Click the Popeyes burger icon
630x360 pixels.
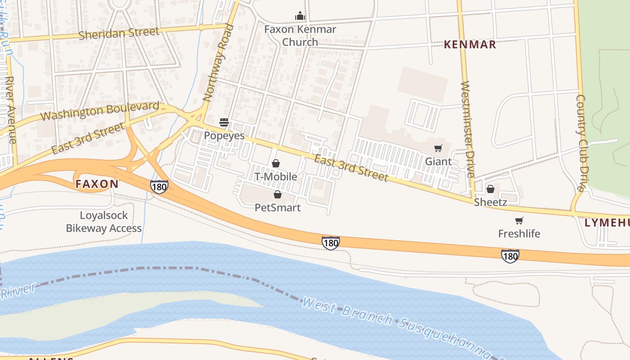coord(224,122)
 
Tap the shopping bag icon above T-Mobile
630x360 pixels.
coord(276,163)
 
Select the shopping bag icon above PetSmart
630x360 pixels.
coord(278,194)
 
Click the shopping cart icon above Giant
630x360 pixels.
coord(438,148)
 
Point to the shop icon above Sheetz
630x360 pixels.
coord(490,189)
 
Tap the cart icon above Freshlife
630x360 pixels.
coord(519,220)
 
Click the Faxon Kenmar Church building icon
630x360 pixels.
coord(300,16)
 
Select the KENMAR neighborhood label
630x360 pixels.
coord(470,44)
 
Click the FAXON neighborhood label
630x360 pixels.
coord(97,184)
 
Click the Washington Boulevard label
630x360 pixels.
coord(99,111)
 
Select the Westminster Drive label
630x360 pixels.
coord(468,130)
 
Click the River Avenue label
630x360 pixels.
coord(10,110)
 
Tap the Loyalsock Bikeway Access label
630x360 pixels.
coord(104,222)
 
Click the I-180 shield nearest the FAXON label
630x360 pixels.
coord(159,186)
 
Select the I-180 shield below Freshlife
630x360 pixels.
coord(510,256)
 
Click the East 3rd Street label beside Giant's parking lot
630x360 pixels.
coord(351,168)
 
